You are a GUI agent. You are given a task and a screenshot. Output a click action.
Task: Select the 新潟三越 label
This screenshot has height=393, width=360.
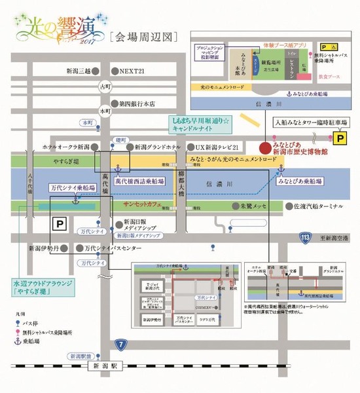[82, 70]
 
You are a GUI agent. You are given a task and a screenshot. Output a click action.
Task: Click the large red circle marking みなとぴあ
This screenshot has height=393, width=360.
[264, 146]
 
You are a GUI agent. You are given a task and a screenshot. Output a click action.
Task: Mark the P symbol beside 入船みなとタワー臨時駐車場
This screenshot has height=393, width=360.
[340, 138]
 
